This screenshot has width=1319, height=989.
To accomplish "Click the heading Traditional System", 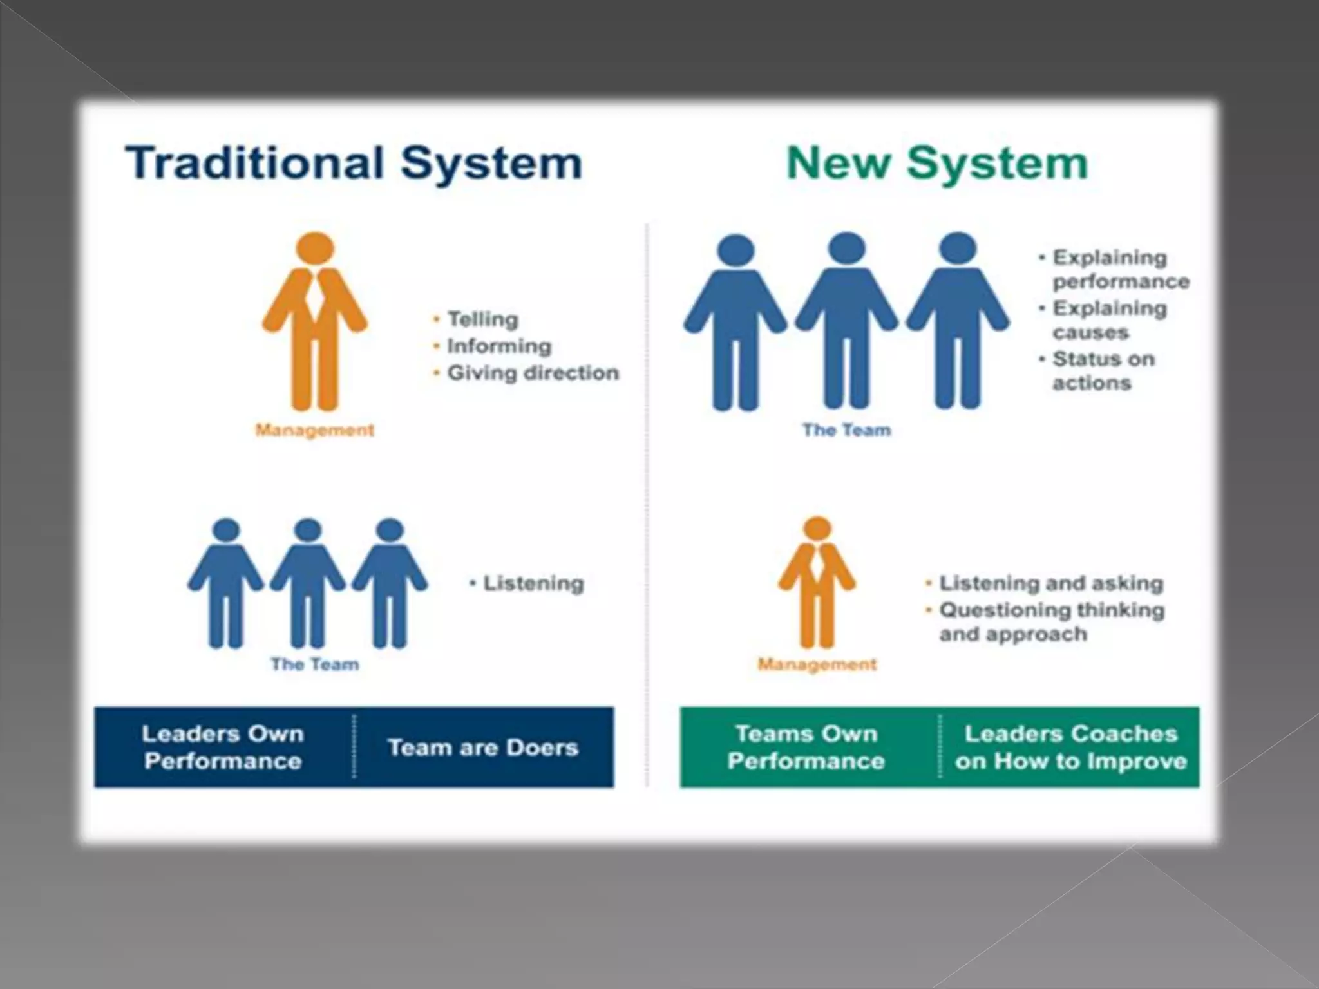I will (354, 162).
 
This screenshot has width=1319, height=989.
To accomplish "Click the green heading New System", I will (937, 162).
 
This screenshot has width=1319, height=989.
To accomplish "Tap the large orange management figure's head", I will (315, 249).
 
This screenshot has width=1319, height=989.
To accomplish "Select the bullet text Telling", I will (482, 319).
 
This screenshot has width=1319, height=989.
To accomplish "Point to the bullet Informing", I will (499, 346).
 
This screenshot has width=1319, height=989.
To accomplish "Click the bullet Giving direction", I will (533, 373).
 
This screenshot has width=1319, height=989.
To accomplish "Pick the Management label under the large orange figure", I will (315, 430).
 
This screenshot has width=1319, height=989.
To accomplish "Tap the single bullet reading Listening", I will (533, 583).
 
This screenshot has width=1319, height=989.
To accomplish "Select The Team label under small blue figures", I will (315, 664).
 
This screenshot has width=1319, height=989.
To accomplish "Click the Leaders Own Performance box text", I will (223, 747).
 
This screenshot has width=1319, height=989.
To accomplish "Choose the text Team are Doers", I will (483, 748).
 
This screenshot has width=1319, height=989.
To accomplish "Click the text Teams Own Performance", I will (806, 747).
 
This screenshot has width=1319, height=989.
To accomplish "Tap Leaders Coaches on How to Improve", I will (1070, 747).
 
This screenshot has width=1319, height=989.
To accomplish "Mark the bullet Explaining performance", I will (1120, 269).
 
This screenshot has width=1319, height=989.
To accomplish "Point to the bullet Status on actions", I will (1103, 370).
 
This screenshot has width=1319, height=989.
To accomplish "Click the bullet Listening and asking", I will (1051, 583).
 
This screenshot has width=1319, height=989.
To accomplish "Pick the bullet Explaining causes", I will (1109, 320).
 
